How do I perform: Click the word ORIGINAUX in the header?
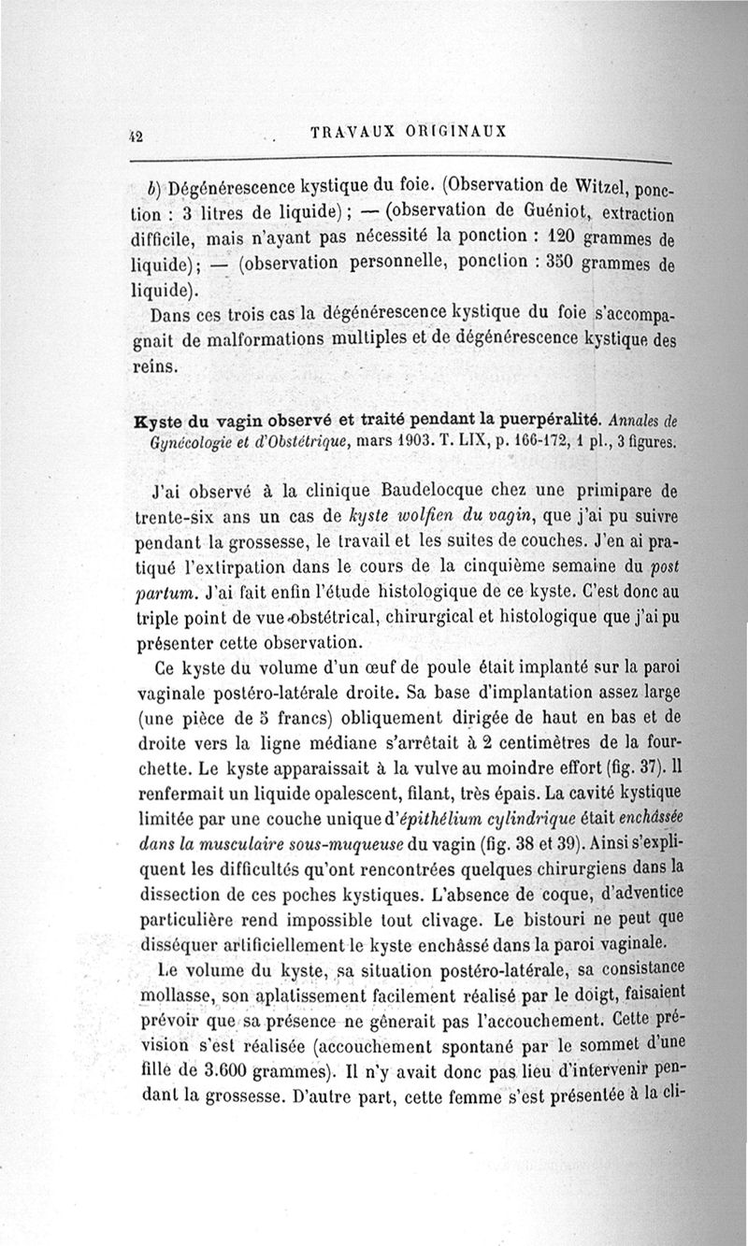click(x=457, y=131)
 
